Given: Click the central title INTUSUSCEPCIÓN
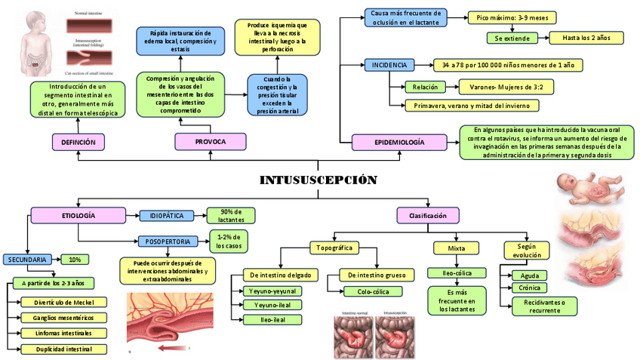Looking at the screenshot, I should coord(317,180).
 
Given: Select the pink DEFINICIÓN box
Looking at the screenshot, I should coord(78,141).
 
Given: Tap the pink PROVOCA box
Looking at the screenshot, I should coord(211,141).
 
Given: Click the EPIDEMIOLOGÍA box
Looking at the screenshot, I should coord(399,142).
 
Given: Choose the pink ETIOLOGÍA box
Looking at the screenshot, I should coord(78,216).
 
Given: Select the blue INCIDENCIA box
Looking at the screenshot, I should coord(389,65).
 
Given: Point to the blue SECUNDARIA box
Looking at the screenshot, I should coord(28,259).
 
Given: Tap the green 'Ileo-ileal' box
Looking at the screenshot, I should coord(272,318).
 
